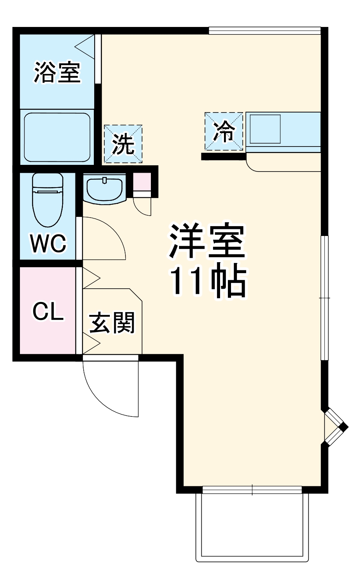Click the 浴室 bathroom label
click(57, 71)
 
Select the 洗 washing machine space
click(123, 144)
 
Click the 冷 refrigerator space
click(224, 131)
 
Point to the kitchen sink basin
click(265, 129)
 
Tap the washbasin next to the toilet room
click(104, 189)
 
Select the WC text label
click(48, 244)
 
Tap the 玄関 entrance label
click(112, 323)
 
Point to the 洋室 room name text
click(207, 241)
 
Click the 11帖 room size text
click(208, 282)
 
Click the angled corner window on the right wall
click(333, 427)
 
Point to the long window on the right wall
click(324, 298)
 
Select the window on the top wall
click(265, 30)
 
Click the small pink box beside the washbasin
click(142, 182)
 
